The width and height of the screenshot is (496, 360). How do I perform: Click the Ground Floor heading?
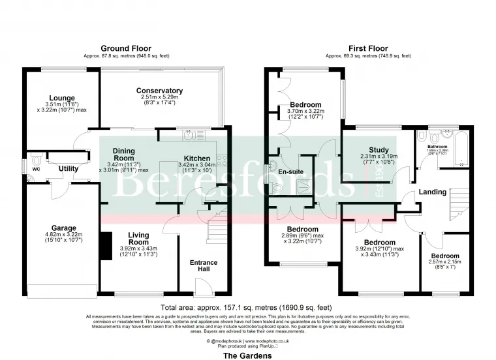[126, 48]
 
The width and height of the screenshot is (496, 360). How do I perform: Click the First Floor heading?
[369, 48]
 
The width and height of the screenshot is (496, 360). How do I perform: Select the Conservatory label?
[159, 91]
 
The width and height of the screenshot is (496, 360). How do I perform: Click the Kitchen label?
[196, 158]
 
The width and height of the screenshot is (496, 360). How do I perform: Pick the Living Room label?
[138, 239]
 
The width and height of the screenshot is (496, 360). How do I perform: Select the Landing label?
[433, 192]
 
